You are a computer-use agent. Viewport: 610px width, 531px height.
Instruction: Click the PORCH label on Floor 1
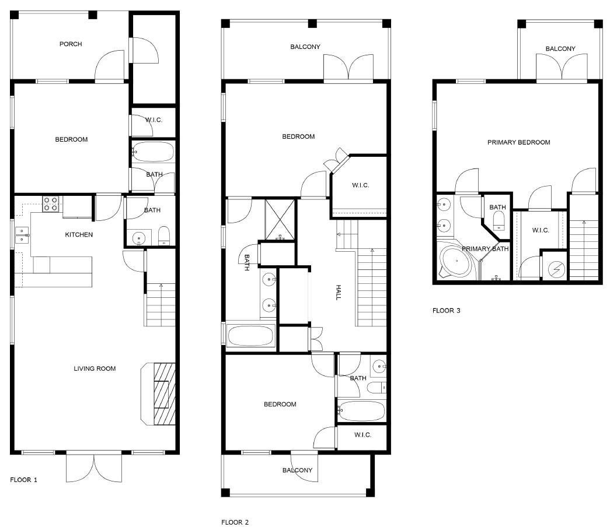pyautogui.click(x=71, y=44)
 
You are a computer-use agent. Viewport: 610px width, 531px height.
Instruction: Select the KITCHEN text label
pyautogui.click(x=78, y=235)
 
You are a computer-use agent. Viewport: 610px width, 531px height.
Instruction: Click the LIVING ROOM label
pyautogui.click(x=95, y=368)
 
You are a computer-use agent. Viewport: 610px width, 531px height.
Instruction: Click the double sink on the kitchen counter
pyautogui.click(x=23, y=235)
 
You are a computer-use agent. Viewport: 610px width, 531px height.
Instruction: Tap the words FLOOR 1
pyautogui.click(x=24, y=480)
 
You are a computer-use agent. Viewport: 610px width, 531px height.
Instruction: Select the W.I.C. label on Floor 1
pyautogui.click(x=154, y=120)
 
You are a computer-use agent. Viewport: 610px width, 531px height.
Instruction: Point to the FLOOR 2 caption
pyautogui.click(x=235, y=522)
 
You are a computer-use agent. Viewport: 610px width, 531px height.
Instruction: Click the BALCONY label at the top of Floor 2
pyautogui.click(x=305, y=47)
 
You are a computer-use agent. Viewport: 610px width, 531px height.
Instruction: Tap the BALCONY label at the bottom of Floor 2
pyautogui.click(x=297, y=470)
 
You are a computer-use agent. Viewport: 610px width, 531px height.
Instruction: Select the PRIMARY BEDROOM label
pyautogui.click(x=518, y=142)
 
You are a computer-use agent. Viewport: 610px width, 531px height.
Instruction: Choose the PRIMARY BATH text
pyautogui.click(x=485, y=249)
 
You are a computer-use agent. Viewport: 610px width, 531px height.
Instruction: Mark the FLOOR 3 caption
pyautogui.click(x=446, y=311)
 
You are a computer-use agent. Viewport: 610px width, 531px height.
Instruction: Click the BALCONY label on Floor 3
pyautogui.click(x=560, y=49)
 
